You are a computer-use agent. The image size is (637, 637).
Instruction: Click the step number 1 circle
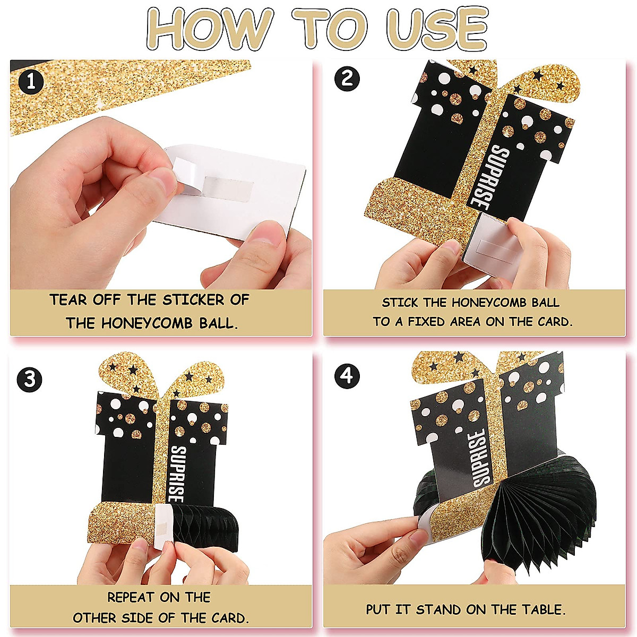(31, 81)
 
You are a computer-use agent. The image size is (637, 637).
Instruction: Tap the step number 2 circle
(347, 79)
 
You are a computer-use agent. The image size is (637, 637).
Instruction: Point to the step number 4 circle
(347, 376)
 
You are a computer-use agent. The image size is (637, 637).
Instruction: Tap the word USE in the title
(437, 29)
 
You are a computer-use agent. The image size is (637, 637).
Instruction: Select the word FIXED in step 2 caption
(426, 322)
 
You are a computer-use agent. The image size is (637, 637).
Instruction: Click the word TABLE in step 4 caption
(544, 609)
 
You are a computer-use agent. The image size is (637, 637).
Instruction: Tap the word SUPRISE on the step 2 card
(484, 178)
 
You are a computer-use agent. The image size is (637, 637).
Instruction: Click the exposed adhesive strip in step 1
(229, 188)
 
